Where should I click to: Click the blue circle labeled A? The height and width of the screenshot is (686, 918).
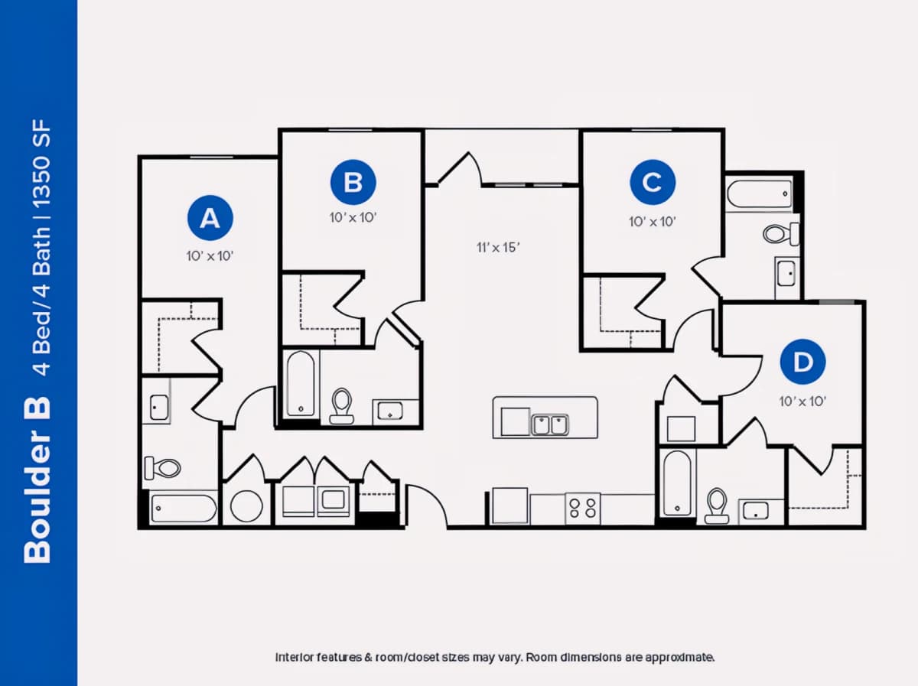tap(210, 218)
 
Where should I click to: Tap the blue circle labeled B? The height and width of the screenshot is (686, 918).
tap(353, 182)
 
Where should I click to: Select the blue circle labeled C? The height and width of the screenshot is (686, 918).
tap(653, 182)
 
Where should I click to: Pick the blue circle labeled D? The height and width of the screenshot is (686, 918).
tap(802, 362)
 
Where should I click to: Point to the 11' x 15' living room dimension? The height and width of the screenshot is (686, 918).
tap(498, 248)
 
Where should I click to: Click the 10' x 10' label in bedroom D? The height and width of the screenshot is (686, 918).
tap(802, 402)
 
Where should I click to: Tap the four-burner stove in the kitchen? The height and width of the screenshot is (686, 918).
tap(583, 509)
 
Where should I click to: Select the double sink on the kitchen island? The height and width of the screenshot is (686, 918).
tap(550, 424)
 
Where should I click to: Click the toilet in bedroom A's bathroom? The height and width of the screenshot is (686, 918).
tap(162, 468)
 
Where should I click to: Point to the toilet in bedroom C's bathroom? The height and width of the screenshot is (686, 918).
tap(781, 234)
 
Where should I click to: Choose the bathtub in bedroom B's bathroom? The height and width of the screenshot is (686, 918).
tap(301, 384)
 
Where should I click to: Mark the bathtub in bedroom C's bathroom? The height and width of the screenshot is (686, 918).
tap(760, 194)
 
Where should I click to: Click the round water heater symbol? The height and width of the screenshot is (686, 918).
tap(246, 506)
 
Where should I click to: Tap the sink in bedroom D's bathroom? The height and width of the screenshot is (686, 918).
tap(755, 511)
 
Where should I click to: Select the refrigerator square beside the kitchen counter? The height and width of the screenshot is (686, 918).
tap(509, 505)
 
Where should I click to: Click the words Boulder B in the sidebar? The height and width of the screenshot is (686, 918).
tap(37, 480)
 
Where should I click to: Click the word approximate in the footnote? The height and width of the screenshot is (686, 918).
tap(679, 658)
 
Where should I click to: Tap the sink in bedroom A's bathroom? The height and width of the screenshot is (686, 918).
tap(159, 407)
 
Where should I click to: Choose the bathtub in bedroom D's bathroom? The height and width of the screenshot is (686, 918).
tap(677, 483)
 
